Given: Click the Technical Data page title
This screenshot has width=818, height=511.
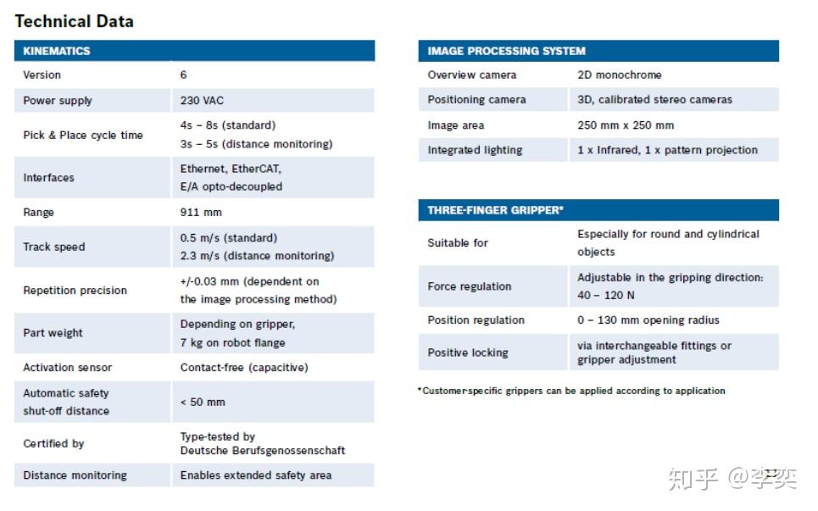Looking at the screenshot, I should click(x=74, y=21).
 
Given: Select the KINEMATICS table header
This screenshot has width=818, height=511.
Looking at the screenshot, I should click(x=56, y=51).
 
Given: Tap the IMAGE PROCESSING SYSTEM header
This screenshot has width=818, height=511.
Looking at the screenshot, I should click(x=506, y=51).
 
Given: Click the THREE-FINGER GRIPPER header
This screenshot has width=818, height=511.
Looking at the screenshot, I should click(x=495, y=210).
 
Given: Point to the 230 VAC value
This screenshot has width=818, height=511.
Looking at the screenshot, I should click(x=202, y=100).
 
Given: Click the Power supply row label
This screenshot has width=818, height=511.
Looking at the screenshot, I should click(x=58, y=100).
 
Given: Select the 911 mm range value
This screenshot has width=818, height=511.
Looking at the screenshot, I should click(x=201, y=212).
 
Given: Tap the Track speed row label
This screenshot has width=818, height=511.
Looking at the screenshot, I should click(x=54, y=247).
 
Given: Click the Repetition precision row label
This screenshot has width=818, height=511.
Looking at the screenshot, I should click(x=75, y=290).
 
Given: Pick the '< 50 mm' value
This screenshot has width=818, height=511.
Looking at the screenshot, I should click(x=203, y=402).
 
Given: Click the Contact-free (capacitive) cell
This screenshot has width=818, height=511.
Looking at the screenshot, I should click(x=244, y=367).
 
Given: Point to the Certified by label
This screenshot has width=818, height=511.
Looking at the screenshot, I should click(x=53, y=443).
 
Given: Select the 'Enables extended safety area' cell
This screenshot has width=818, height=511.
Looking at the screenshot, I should click(x=255, y=475).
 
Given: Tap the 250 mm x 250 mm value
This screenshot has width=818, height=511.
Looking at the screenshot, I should click(x=626, y=125).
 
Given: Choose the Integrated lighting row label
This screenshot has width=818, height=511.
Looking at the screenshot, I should click(x=475, y=150).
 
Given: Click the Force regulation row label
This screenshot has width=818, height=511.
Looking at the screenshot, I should click(x=469, y=286).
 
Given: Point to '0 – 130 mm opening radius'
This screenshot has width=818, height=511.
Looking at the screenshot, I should click(x=648, y=319).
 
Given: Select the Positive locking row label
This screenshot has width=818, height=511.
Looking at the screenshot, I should click(x=467, y=353).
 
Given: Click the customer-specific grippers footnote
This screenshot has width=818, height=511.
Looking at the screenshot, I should click(x=572, y=391).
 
